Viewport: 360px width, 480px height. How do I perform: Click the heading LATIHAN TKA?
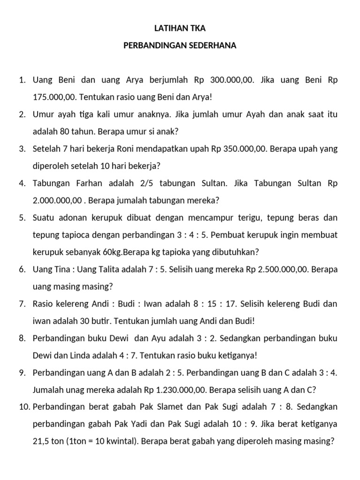point(180,29)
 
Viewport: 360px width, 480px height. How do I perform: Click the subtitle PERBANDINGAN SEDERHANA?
point(180,46)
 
